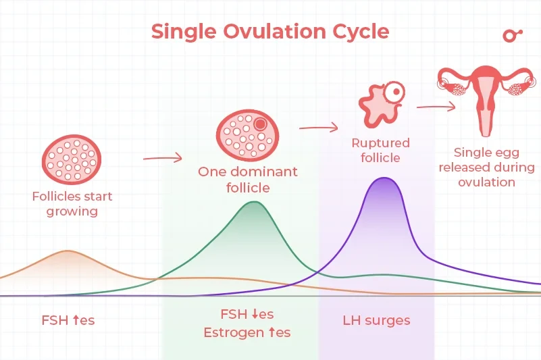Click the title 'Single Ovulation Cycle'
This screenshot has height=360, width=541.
pos(270,32)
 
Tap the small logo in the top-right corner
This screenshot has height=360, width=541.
pos(513,36)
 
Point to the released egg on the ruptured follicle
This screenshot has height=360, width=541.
pos(393,90)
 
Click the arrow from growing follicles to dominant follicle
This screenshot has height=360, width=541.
pos(162,158)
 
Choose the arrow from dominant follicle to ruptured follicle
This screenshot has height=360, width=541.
pos(318,126)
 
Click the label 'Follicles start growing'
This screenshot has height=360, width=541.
pos(72,204)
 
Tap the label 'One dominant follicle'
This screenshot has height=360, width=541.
pos(247,179)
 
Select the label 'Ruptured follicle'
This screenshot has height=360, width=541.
pos(380,150)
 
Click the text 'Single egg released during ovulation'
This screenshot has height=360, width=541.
pos(486,167)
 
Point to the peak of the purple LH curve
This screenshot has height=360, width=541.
pos(384,178)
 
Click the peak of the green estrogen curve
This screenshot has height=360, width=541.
pos(253,202)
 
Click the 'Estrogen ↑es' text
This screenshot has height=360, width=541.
pos(247,332)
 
